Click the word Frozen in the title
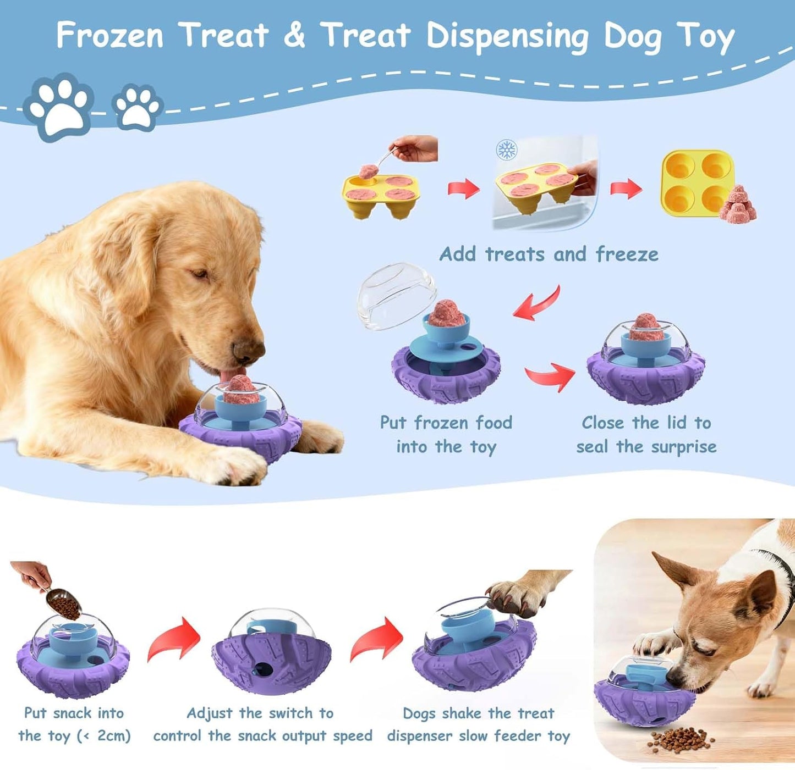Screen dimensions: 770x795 [x=110, y=35]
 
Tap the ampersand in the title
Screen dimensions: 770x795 [x=294, y=35]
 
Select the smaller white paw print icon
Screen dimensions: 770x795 [x=137, y=107]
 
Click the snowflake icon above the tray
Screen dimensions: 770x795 [x=506, y=149]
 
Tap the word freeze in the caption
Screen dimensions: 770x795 [x=627, y=254]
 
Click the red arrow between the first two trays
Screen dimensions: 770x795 [x=463, y=188]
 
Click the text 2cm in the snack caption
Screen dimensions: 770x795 [x=112, y=735]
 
